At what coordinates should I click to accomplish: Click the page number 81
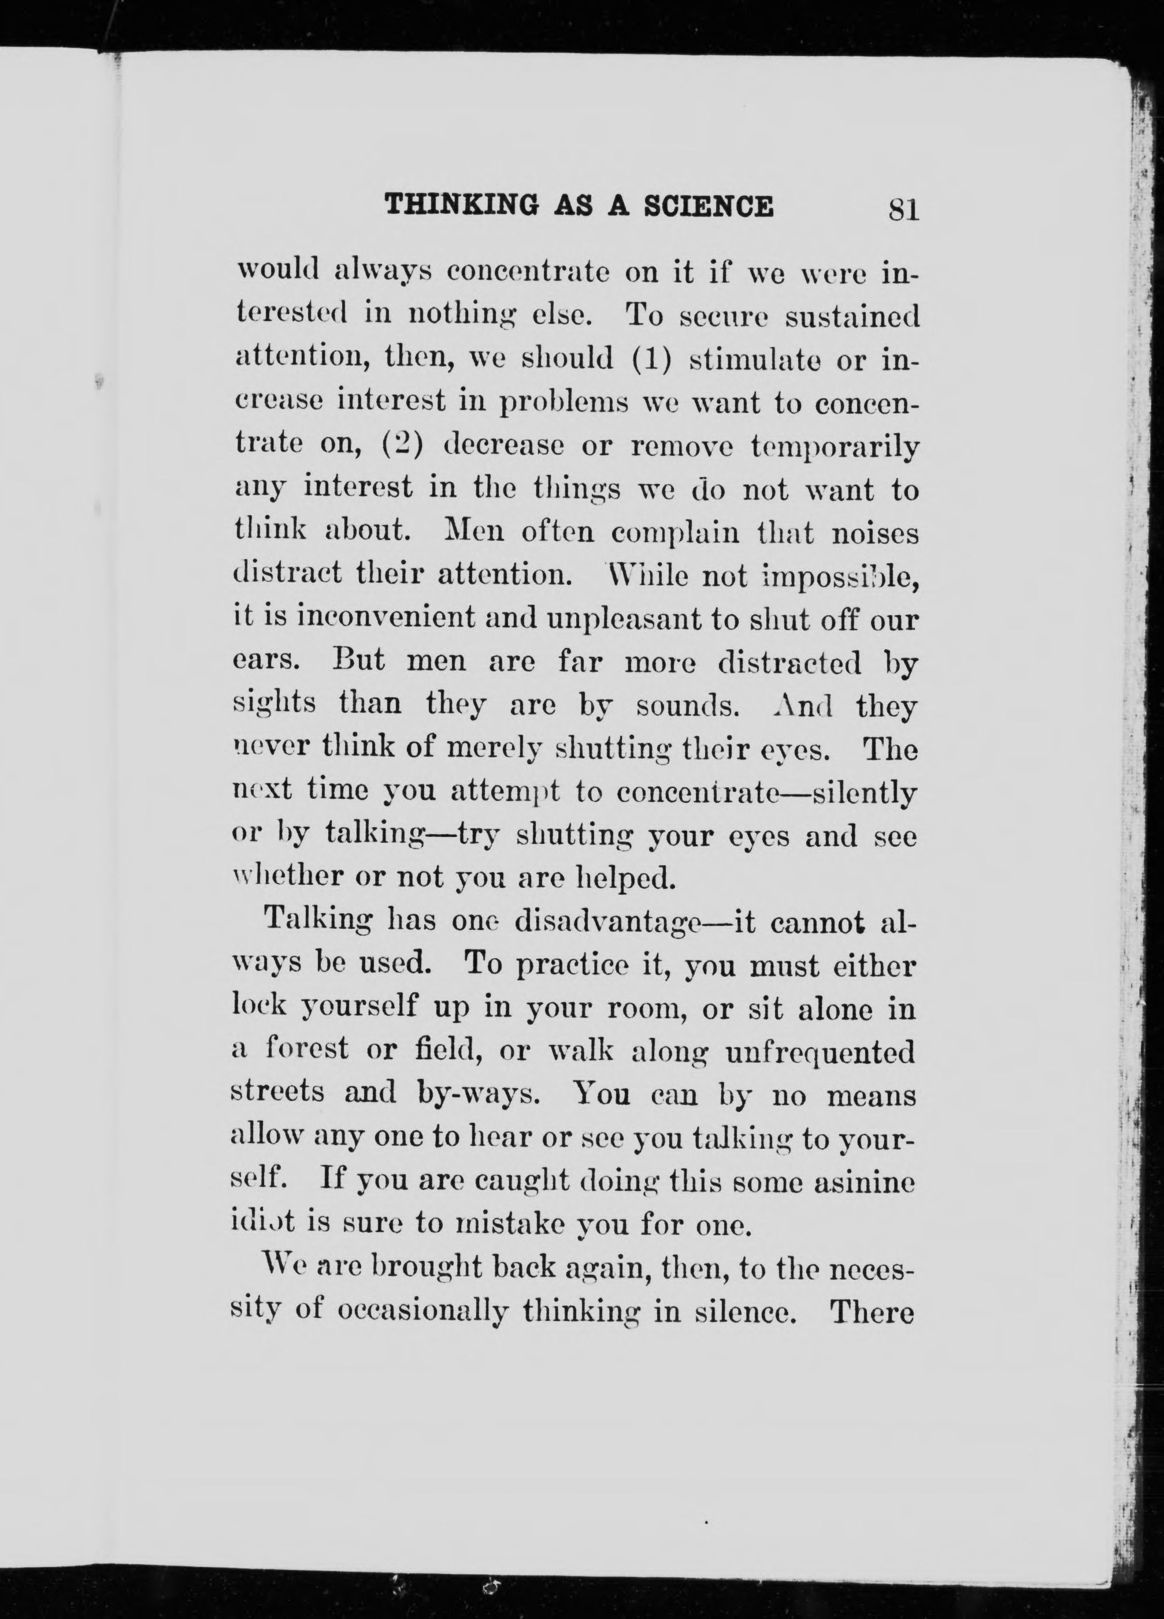(902, 210)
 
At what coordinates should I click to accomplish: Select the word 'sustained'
(851, 315)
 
